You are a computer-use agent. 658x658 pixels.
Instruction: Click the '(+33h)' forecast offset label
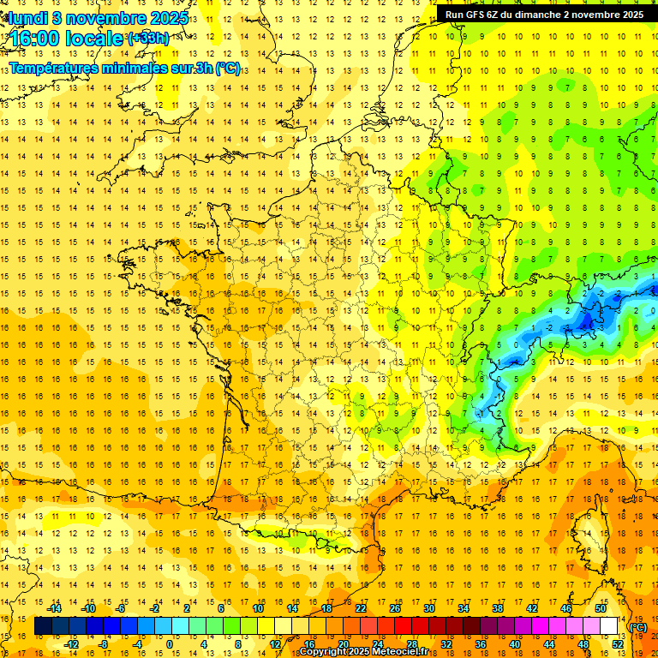[147, 39]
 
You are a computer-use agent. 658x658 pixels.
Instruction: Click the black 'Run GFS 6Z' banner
[544, 15]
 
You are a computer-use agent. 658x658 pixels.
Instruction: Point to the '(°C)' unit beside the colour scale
[638, 627]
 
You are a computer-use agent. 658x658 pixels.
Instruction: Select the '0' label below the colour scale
[170, 643]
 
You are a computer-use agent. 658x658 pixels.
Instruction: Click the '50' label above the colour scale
[600, 608]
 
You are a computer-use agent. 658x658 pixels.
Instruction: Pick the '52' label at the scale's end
[617, 643]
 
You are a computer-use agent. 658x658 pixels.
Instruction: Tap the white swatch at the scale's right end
[609, 626]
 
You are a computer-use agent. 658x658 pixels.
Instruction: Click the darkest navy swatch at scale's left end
[43, 626]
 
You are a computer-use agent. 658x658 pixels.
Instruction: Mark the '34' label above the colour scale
[463, 608]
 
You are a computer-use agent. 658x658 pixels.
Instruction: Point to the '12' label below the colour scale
[275, 643]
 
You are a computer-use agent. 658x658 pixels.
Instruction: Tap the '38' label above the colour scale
[497, 608]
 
